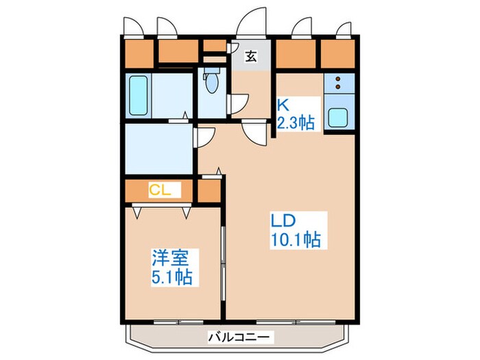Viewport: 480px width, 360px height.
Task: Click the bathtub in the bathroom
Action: tap(139, 96)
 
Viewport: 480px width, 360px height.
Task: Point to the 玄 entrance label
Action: tap(252, 57)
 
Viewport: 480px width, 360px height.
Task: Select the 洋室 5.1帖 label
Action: tap(171, 268)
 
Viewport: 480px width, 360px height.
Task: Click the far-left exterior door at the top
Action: tap(133, 24)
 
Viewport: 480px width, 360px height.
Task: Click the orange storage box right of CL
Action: tap(209, 191)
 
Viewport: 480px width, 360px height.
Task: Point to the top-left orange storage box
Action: tap(139, 51)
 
